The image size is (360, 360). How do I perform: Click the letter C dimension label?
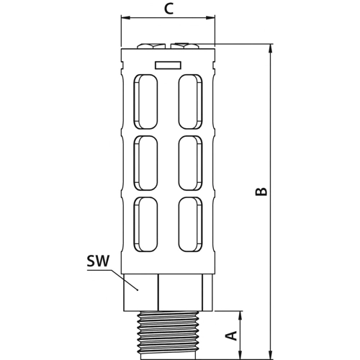click(x=168, y=9)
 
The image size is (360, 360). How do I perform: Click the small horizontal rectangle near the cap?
click(x=168, y=66)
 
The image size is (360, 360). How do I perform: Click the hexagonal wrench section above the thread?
click(x=168, y=292)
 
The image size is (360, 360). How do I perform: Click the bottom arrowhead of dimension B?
click(x=271, y=354)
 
